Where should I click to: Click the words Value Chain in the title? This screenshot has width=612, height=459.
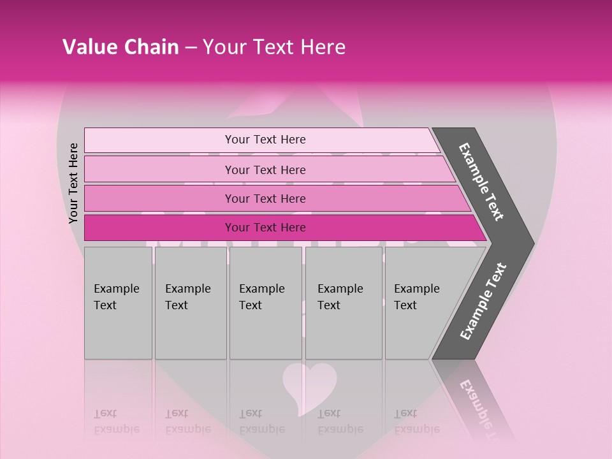pos(120,47)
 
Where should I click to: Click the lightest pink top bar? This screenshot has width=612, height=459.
pos(159,140)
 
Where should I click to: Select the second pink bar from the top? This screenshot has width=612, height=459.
pos(159,170)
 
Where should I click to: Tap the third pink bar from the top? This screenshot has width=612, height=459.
pos(159,198)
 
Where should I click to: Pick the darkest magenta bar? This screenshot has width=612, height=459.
pos(159,228)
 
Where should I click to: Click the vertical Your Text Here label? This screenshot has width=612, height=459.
pos(73,184)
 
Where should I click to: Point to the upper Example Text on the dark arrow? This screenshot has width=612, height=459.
pos(481,182)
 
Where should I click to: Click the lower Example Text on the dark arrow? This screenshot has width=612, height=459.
pos(483,302)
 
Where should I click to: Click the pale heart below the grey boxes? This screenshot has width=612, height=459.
pos(309,384)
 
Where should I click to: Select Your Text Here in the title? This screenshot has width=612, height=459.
pos(273,47)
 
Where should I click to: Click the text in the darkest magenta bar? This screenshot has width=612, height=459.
pos(265,228)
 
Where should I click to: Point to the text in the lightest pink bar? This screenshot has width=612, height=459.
pos(265,140)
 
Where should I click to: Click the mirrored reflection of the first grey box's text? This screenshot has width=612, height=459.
pos(116,421)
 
